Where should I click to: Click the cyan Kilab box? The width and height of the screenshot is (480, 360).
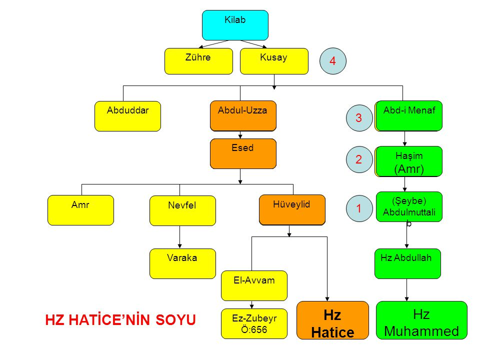pyautogui.click(x=235, y=25)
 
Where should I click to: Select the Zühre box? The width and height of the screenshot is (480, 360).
pyautogui.click(x=198, y=61)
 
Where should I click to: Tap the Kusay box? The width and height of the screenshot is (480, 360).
pyautogui.click(x=274, y=61)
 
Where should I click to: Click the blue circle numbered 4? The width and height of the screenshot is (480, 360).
pyautogui.click(x=332, y=60)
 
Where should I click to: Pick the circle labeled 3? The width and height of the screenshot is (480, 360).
pyautogui.click(x=358, y=118)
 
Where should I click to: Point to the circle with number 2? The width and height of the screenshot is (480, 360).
pyautogui.click(x=358, y=160)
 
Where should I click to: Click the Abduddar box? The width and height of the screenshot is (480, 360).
pyautogui.click(x=127, y=116)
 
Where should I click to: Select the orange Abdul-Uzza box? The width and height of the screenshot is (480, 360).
pyautogui.click(x=243, y=116)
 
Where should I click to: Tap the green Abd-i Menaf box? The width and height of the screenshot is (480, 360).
pyautogui.click(x=409, y=115)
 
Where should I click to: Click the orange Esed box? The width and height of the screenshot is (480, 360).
pyautogui.click(x=243, y=153)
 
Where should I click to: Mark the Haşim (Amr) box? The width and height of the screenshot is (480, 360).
pyautogui.click(x=409, y=161)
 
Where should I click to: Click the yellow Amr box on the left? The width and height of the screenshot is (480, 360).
pyautogui.click(x=80, y=210)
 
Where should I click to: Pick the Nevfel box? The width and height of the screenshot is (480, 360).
pyautogui.click(x=182, y=210)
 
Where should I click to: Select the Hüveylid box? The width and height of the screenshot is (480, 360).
pyautogui.click(x=292, y=209)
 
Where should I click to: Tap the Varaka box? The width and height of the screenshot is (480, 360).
pyautogui.click(x=182, y=263)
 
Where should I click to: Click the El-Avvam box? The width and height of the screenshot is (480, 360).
pyautogui.click(x=254, y=285)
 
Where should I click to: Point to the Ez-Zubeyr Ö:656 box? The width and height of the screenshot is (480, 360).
pyautogui.click(x=254, y=323)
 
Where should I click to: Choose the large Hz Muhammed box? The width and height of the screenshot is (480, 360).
pyautogui.click(x=421, y=322)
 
